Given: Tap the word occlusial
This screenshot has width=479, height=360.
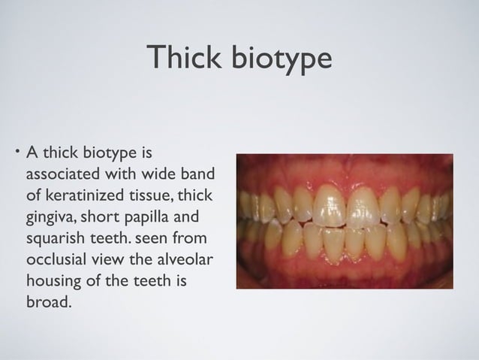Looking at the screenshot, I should pyautogui.click(x=56, y=262).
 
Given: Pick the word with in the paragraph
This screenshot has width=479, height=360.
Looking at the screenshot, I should pyautogui.click(x=121, y=175).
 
